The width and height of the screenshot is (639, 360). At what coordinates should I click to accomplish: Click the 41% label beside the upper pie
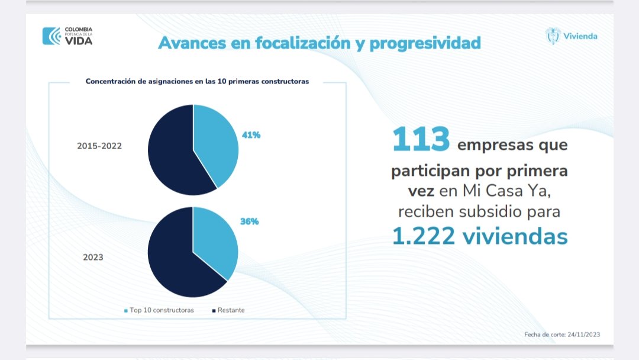tap(251, 135)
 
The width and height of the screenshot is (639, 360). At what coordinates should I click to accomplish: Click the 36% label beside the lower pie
tap(250, 221)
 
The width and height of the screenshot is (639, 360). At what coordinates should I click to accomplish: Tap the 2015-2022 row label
tap(99, 146)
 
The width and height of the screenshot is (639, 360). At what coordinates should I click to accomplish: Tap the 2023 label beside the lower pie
tap(93, 257)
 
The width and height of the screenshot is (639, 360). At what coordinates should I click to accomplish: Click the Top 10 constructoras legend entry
tap(159, 310)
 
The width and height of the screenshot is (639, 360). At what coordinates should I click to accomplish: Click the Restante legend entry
tap(228, 310)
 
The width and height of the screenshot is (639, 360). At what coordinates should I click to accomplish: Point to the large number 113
tap(421, 139)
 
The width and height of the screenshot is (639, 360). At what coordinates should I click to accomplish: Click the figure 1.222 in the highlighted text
tap(424, 236)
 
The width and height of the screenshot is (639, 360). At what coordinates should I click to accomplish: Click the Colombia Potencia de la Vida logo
tap(67, 36)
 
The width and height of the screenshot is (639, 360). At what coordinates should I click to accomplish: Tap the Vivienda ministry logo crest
tap(553, 36)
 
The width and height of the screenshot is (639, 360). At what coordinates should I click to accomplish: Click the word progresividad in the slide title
tap(425, 43)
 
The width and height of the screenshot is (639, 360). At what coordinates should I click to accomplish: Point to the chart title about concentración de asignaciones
tap(197, 81)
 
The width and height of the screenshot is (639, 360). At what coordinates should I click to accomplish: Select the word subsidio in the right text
tap(490, 211)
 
